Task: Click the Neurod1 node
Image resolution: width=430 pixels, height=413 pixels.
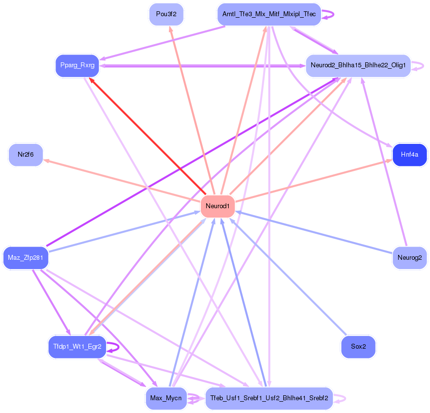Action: click(x=217, y=206)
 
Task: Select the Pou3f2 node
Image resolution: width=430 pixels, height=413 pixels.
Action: click(x=166, y=14)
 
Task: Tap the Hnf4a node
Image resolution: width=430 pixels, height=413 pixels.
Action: click(x=409, y=155)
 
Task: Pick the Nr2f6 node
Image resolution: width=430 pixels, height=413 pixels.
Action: click(x=26, y=155)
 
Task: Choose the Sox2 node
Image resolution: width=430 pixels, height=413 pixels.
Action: click(x=358, y=347)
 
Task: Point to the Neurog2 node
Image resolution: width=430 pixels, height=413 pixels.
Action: click(x=409, y=257)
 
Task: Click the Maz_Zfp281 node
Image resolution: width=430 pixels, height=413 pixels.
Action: click(x=26, y=257)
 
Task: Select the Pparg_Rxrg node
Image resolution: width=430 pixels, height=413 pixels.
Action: click(x=77, y=65)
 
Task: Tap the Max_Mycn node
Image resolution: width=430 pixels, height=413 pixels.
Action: click(x=166, y=398)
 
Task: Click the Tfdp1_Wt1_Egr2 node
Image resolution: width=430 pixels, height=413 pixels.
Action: click(x=77, y=347)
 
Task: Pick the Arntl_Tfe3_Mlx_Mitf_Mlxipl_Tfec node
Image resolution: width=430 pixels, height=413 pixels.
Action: click(x=269, y=14)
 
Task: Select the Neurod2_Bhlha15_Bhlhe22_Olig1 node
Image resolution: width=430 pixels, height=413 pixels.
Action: click(x=358, y=65)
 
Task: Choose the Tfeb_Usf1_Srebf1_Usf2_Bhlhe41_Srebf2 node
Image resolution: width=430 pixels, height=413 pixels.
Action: click(x=269, y=398)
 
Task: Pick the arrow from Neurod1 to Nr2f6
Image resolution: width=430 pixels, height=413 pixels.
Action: click(x=123, y=180)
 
